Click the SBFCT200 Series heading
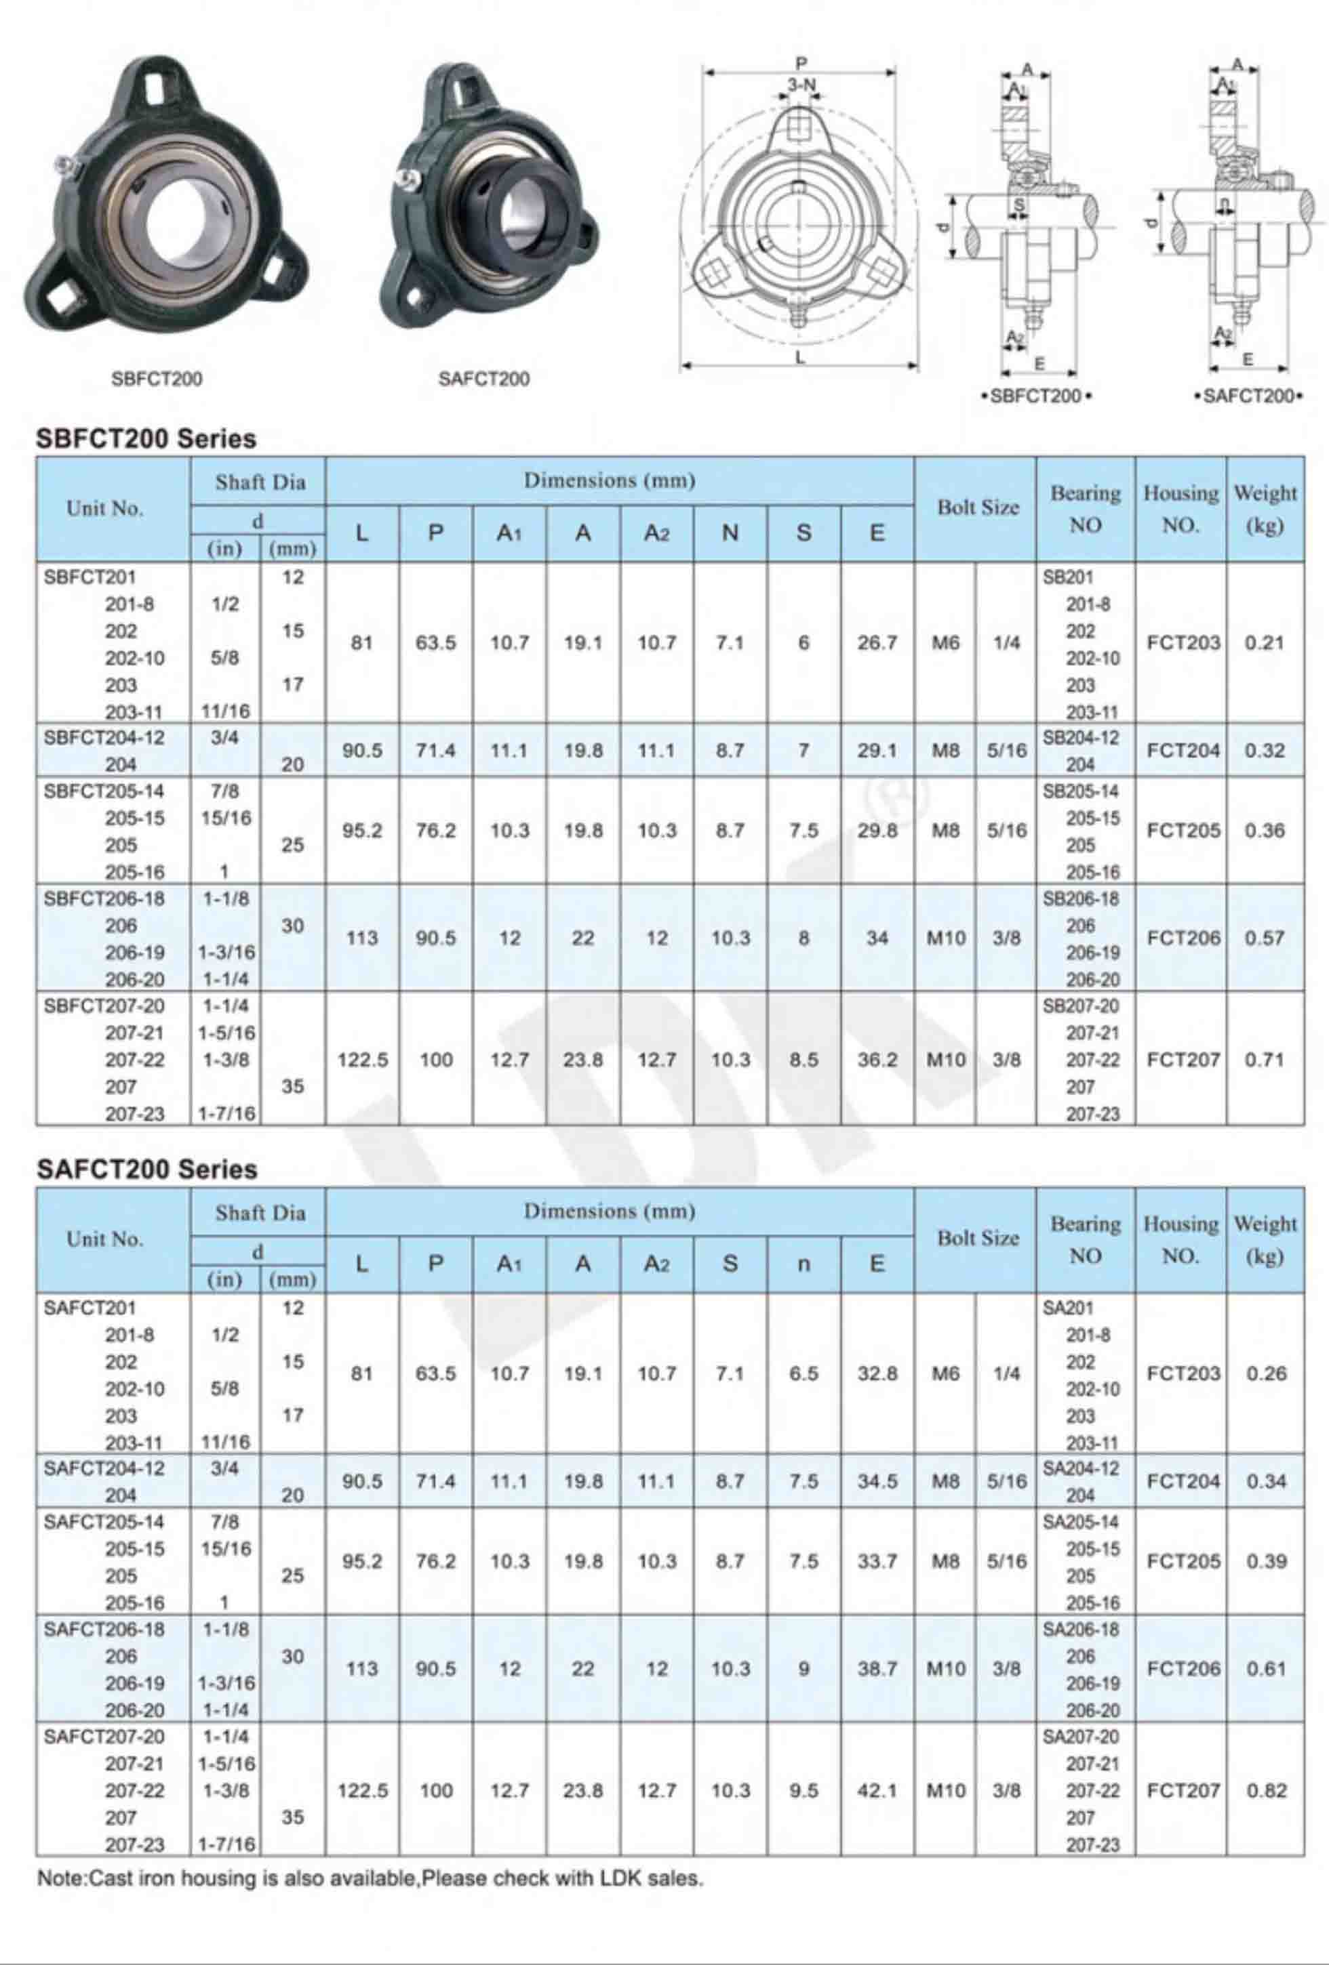pyautogui.click(x=146, y=439)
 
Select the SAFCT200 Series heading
pyautogui.click(x=146, y=1170)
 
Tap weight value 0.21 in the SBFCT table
pyautogui.click(x=1264, y=642)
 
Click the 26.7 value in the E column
pyautogui.click(x=877, y=642)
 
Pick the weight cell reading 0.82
pyautogui.click(x=1265, y=1790)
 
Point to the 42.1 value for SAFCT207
pyautogui.click(x=877, y=1790)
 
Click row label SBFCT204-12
pyautogui.click(x=104, y=737)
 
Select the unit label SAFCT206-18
pyautogui.click(x=104, y=1628)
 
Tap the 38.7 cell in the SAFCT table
pyautogui.click(x=877, y=1668)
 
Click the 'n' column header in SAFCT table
pyautogui.click(x=803, y=1264)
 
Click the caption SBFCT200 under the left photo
pyautogui.click(x=157, y=379)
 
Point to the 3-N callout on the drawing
pyautogui.click(x=800, y=85)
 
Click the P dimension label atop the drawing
pyautogui.click(x=800, y=62)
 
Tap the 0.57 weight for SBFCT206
pyautogui.click(x=1264, y=938)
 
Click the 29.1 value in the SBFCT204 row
pyautogui.click(x=877, y=750)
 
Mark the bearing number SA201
pyautogui.click(x=1067, y=1308)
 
